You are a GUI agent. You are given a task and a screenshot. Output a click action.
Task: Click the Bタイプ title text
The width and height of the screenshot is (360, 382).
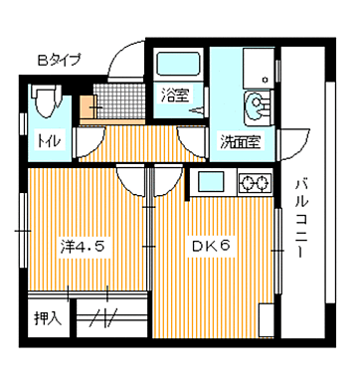point(61,61)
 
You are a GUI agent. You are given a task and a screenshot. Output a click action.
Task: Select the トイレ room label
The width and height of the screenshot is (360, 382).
point(49,141)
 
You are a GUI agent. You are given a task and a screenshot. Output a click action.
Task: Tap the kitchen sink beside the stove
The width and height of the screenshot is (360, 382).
point(212,182)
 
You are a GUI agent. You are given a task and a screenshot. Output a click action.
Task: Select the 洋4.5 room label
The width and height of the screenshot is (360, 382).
point(82,242)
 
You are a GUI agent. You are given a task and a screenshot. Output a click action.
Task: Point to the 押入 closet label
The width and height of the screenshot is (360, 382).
point(47,319)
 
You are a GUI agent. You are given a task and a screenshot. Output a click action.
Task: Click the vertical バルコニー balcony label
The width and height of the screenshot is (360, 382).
point(301,217)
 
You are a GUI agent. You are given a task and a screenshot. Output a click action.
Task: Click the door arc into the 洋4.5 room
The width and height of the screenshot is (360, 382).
point(130,180)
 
